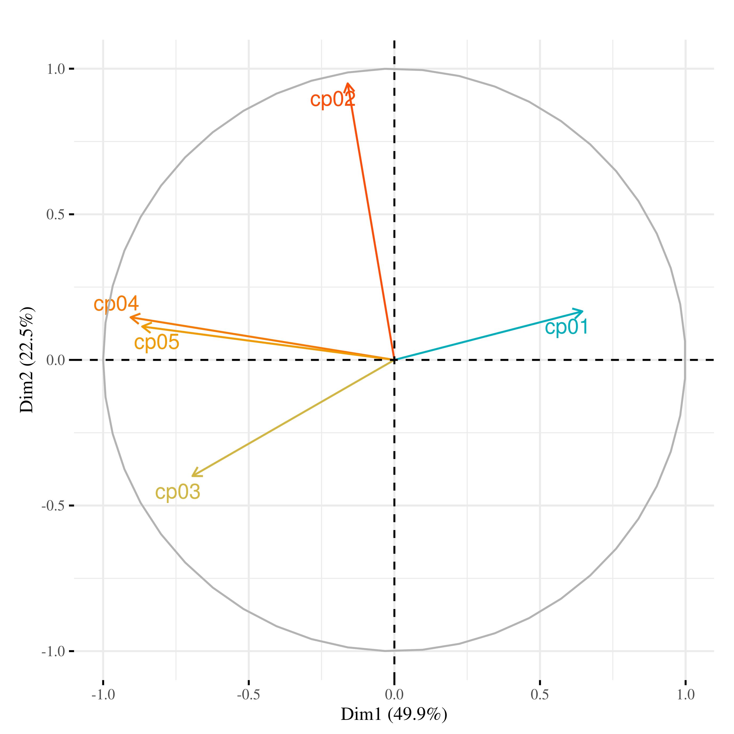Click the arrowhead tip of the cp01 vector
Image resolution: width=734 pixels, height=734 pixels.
click(583, 311)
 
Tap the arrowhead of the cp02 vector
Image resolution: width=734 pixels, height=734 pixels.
click(347, 83)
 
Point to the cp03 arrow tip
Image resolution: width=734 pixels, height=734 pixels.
click(192, 476)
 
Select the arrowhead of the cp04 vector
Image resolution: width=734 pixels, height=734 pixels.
click(130, 317)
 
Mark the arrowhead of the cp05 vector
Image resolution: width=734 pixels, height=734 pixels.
click(142, 326)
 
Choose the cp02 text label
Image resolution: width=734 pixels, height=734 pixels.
click(333, 100)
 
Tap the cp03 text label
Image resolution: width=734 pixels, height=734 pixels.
click(177, 492)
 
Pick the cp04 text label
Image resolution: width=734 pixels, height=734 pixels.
click(116, 304)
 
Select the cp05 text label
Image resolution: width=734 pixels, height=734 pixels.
click(157, 342)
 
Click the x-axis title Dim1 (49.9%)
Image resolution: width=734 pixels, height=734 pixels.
click(394, 714)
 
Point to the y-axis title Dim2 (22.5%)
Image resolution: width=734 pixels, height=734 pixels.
click(27, 359)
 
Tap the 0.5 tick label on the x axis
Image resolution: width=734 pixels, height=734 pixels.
click(540, 695)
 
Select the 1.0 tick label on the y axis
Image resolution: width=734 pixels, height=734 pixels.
click(56, 69)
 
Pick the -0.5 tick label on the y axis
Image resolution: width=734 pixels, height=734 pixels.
click(53, 506)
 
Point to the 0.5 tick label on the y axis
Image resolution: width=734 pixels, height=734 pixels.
click(56, 215)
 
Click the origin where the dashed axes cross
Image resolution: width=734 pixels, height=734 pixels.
click(394, 359)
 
